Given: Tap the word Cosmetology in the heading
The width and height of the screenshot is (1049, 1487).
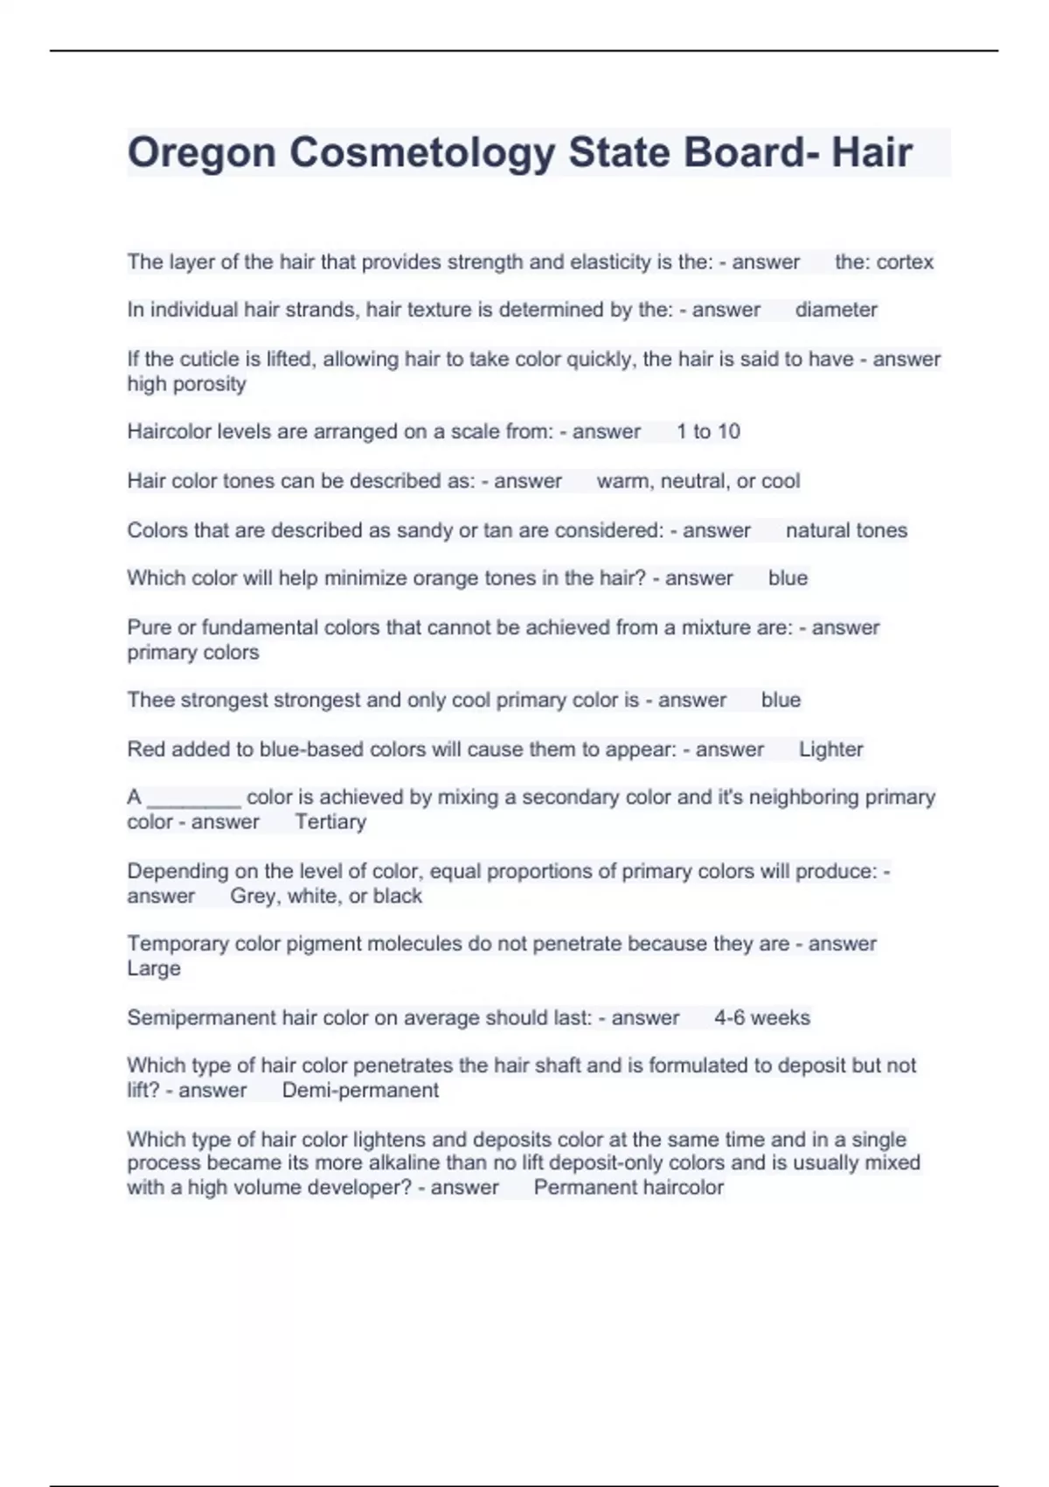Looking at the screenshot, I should click(x=422, y=153).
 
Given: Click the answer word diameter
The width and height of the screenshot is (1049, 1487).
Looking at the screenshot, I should click(x=836, y=310).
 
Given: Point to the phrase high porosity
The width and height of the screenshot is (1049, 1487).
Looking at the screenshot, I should click(x=186, y=384).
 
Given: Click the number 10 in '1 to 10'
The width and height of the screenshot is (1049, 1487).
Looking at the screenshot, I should click(x=728, y=431).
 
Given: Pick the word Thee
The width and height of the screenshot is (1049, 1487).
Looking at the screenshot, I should click(x=149, y=700).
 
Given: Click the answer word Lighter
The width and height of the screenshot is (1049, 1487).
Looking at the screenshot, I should click(x=830, y=750).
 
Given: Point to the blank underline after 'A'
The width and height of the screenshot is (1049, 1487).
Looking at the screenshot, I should click(x=193, y=798).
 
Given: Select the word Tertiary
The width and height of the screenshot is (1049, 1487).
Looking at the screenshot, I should click(x=330, y=822).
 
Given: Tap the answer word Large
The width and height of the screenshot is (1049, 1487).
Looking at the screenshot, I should click(x=154, y=968).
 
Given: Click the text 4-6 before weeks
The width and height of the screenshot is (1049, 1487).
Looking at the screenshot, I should click(x=729, y=1018).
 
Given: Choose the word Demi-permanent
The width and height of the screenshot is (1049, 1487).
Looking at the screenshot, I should click(x=360, y=1091).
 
